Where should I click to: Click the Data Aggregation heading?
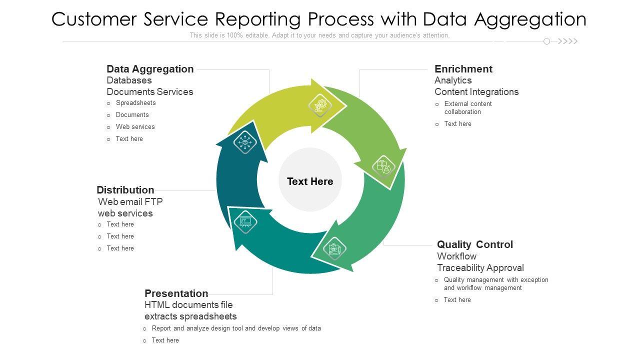coord(150,69)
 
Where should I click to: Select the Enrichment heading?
coord(463,69)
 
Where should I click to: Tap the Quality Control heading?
coord(475,244)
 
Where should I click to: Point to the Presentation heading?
coord(176,293)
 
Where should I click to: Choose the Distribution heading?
coord(125,190)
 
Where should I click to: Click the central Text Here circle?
coord(310,181)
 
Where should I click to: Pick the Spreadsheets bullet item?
coord(135,103)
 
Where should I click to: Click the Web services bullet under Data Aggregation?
coord(135,127)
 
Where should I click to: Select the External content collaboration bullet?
coord(468,107)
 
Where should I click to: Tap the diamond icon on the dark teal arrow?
coord(245,142)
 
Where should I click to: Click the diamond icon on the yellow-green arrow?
coord(320,105)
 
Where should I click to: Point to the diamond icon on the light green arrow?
coord(383,166)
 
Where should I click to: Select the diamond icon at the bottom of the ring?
coord(333,248)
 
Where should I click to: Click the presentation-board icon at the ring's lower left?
coord(245,221)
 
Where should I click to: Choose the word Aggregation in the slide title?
coord(530,19)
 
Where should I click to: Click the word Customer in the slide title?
coord(93,19)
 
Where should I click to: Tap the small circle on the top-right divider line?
coord(546,41)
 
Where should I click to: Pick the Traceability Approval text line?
coord(480,268)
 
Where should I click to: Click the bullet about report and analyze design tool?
coord(236,328)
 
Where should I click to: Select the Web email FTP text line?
coord(130,202)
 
